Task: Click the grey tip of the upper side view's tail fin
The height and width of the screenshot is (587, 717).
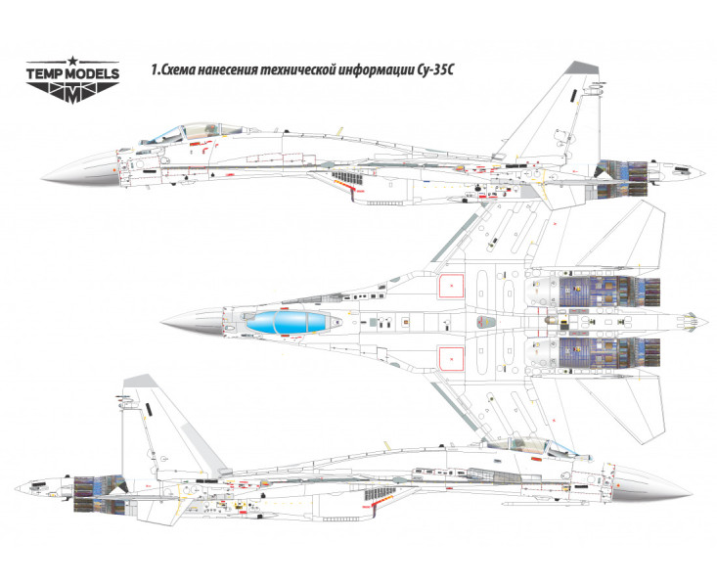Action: coord(583,68)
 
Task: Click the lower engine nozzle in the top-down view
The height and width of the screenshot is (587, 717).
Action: coord(641,350)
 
